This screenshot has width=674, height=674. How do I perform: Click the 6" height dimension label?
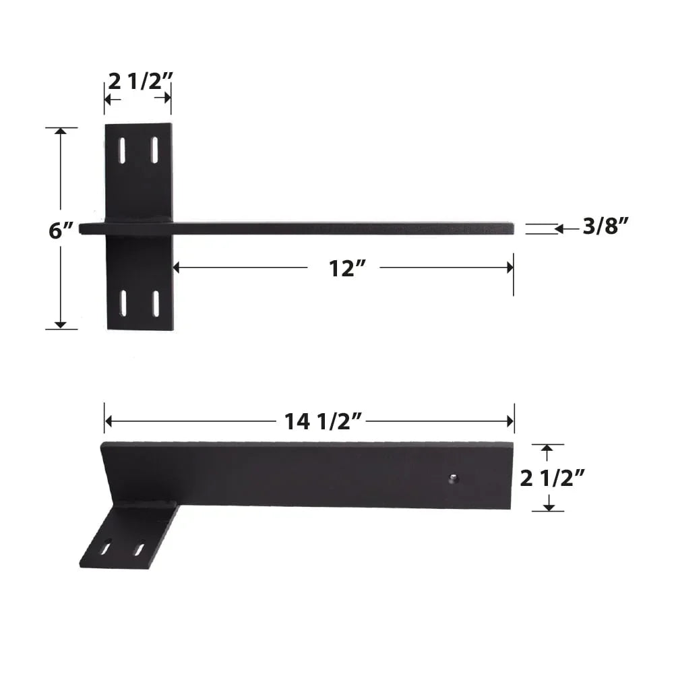tap(61, 231)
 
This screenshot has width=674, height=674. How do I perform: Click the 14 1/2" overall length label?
tap(324, 422)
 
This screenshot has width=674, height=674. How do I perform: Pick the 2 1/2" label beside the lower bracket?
tap(551, 479)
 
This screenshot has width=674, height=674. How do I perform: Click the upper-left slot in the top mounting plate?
tap(122, 150)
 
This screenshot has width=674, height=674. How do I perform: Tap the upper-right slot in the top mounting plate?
tap(154, 150)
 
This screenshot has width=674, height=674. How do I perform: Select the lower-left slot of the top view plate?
tap(123, 303)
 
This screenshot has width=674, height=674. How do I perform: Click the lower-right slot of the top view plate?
tap(156, 303)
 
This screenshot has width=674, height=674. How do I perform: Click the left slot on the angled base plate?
tap(106, 548)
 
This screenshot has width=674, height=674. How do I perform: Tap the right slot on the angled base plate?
tap(139, 549)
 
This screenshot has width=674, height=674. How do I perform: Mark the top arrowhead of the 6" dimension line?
tap(61, 131)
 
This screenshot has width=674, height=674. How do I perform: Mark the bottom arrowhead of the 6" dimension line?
tap(61, 325)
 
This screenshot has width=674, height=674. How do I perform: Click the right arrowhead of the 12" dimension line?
tap(509, 268)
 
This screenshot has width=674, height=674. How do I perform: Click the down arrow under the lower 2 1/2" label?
tap(548, 506)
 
